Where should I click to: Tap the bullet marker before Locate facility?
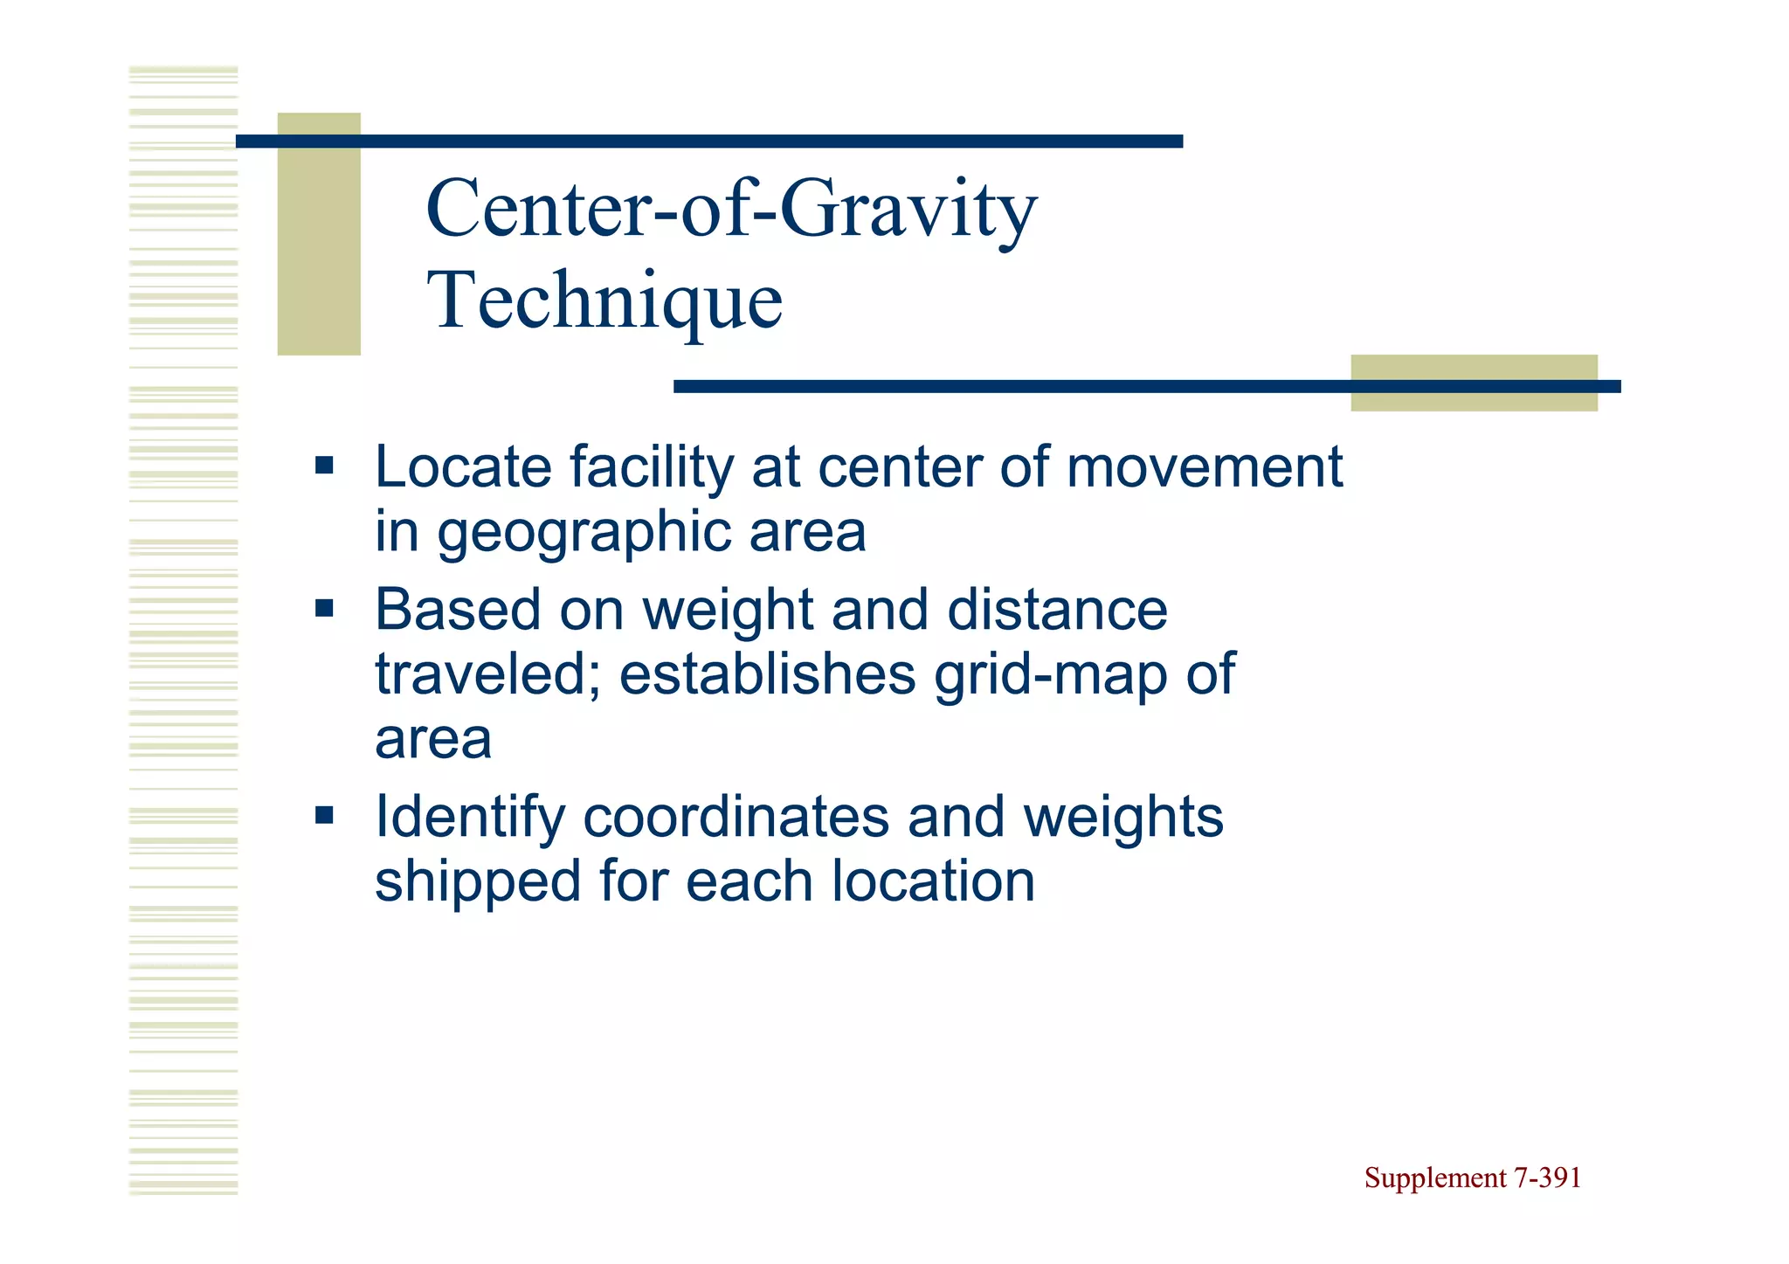[x=325, y=466]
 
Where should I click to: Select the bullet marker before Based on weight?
[x=325, y=608]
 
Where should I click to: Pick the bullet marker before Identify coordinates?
[x=325, y=816]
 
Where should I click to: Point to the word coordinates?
[x=736, y=818]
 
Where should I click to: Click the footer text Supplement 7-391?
[x=1472, y=1178]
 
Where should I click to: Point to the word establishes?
[x=767, y=674]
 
